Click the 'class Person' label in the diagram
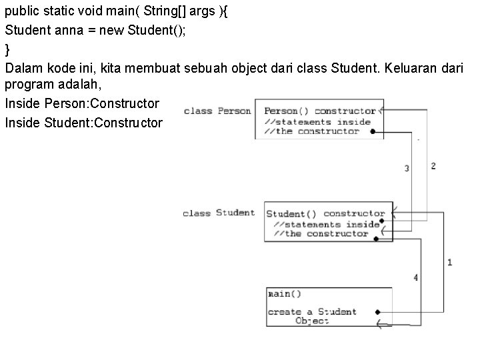tap(217, 111)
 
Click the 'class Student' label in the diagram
tap(219, 213)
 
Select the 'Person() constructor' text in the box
tap(320, 111)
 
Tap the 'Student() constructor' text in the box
tap(325, 214)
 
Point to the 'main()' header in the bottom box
tap(285, 293)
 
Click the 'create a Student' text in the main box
tap(312, 311)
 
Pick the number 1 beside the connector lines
tap(449, 262)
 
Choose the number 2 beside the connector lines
tap(433, 165)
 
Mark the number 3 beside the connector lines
tap(407, 169)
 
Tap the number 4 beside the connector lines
tap(415, 277)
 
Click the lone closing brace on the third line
tap(7, 49)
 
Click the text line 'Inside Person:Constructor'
tap(82, 104)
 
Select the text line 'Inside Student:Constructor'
tap(83, 123)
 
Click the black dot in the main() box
tap(377, 311)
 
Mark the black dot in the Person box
tap(373, 131)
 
